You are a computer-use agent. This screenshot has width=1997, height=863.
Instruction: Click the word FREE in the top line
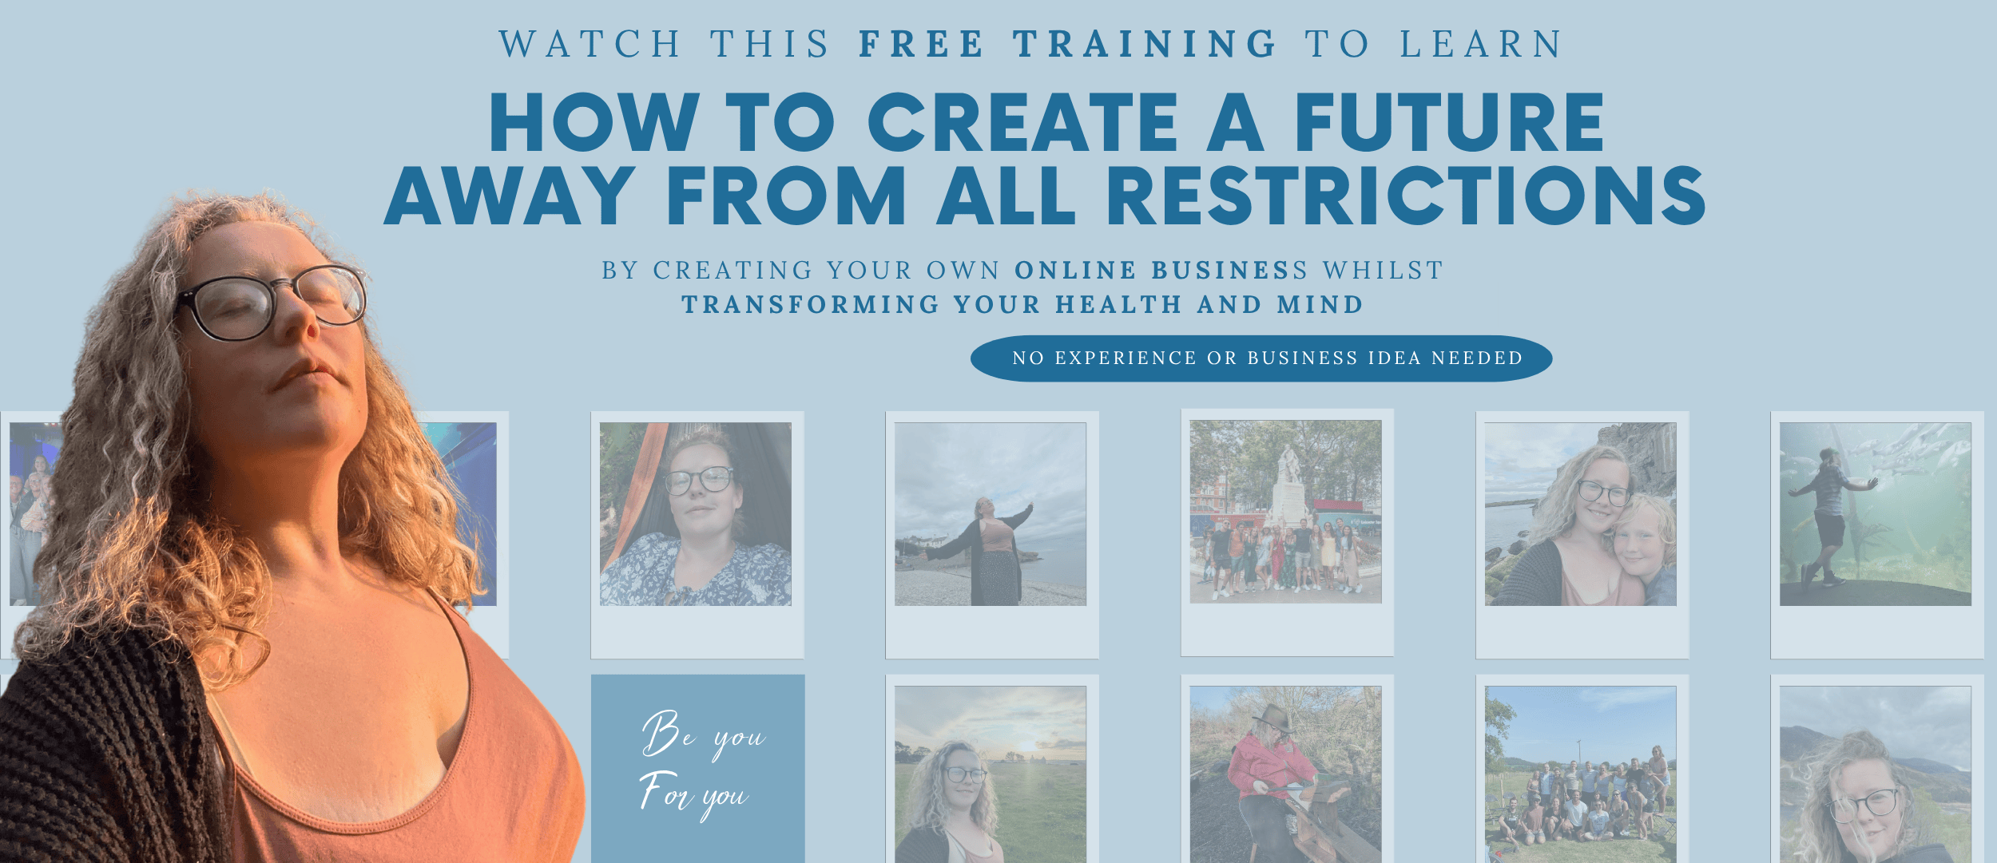click(921, 44)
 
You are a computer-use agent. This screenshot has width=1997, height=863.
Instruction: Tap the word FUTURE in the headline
click(1449, 121)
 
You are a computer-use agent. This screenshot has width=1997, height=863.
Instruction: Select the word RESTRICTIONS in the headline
click(1406, 196)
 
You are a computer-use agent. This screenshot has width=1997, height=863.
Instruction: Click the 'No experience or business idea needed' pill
click(1261, 358)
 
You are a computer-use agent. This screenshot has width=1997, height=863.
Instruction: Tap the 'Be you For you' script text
click(701, 765)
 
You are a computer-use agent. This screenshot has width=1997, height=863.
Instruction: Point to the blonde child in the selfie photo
click(1644, 550)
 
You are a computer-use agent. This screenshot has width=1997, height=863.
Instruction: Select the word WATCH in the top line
click(590, 44)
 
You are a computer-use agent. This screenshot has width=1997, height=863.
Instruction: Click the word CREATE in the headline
click(1023, 121)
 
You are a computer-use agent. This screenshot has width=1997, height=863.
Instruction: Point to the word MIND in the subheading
click(1320, 305)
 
